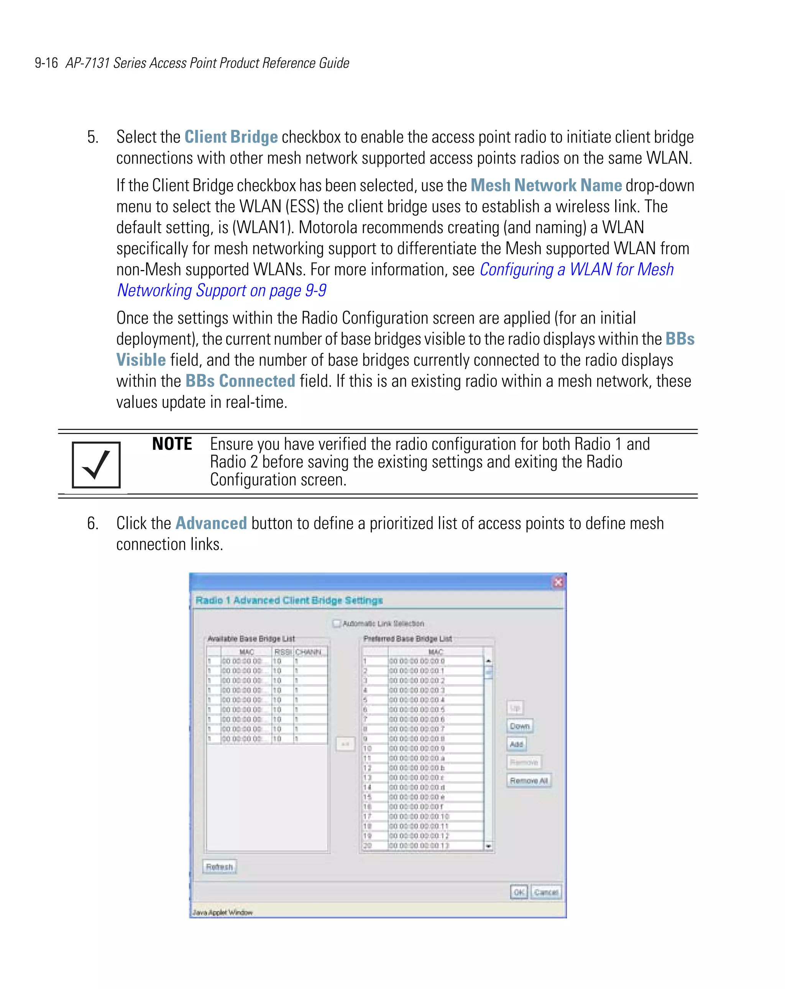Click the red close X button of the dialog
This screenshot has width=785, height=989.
558,583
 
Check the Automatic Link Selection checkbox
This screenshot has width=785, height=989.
337,623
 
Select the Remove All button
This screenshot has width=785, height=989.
529,780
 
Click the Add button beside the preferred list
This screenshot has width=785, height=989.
516,744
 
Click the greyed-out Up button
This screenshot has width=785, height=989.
515,708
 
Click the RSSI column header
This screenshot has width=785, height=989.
282,652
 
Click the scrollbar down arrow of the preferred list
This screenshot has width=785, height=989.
488,846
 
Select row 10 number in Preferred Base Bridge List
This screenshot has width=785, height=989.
367,748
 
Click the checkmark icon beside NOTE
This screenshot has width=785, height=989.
96,465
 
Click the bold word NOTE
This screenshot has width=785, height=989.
172,444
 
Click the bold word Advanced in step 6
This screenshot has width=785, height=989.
211,523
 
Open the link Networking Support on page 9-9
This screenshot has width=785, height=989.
222,290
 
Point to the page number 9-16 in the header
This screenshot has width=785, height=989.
46,63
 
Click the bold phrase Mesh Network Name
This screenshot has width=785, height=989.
546,185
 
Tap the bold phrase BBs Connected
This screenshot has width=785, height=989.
240,381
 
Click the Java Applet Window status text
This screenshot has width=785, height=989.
222,912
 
